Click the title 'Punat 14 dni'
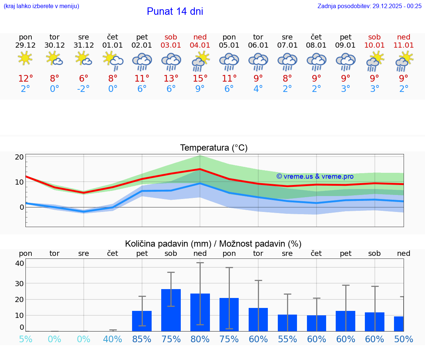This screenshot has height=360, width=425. coord(175,11)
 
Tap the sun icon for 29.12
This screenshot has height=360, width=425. coord(25,59)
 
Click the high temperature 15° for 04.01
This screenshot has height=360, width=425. coord(200,78)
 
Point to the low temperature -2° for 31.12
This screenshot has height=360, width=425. coord(83,89)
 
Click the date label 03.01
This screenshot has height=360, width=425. coord(171,45)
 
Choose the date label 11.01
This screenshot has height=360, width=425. coord(404,45)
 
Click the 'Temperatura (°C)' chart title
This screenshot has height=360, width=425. coord(214,148)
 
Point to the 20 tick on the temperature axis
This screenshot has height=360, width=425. coord(20,157)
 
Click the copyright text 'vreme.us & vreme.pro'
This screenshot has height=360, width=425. coord(315,176)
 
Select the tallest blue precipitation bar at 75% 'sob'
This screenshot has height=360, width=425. coord(171,310)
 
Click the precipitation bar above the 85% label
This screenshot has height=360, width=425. coord(142,321)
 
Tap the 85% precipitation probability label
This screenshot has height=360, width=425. coord(142,339)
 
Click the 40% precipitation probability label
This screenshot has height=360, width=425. coord(113,339)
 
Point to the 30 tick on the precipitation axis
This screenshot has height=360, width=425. coord(20,283)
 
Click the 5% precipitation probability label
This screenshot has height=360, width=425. coord(25,339)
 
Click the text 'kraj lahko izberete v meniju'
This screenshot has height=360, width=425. coord(41,6)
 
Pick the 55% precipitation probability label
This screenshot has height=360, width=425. coord(287,339)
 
